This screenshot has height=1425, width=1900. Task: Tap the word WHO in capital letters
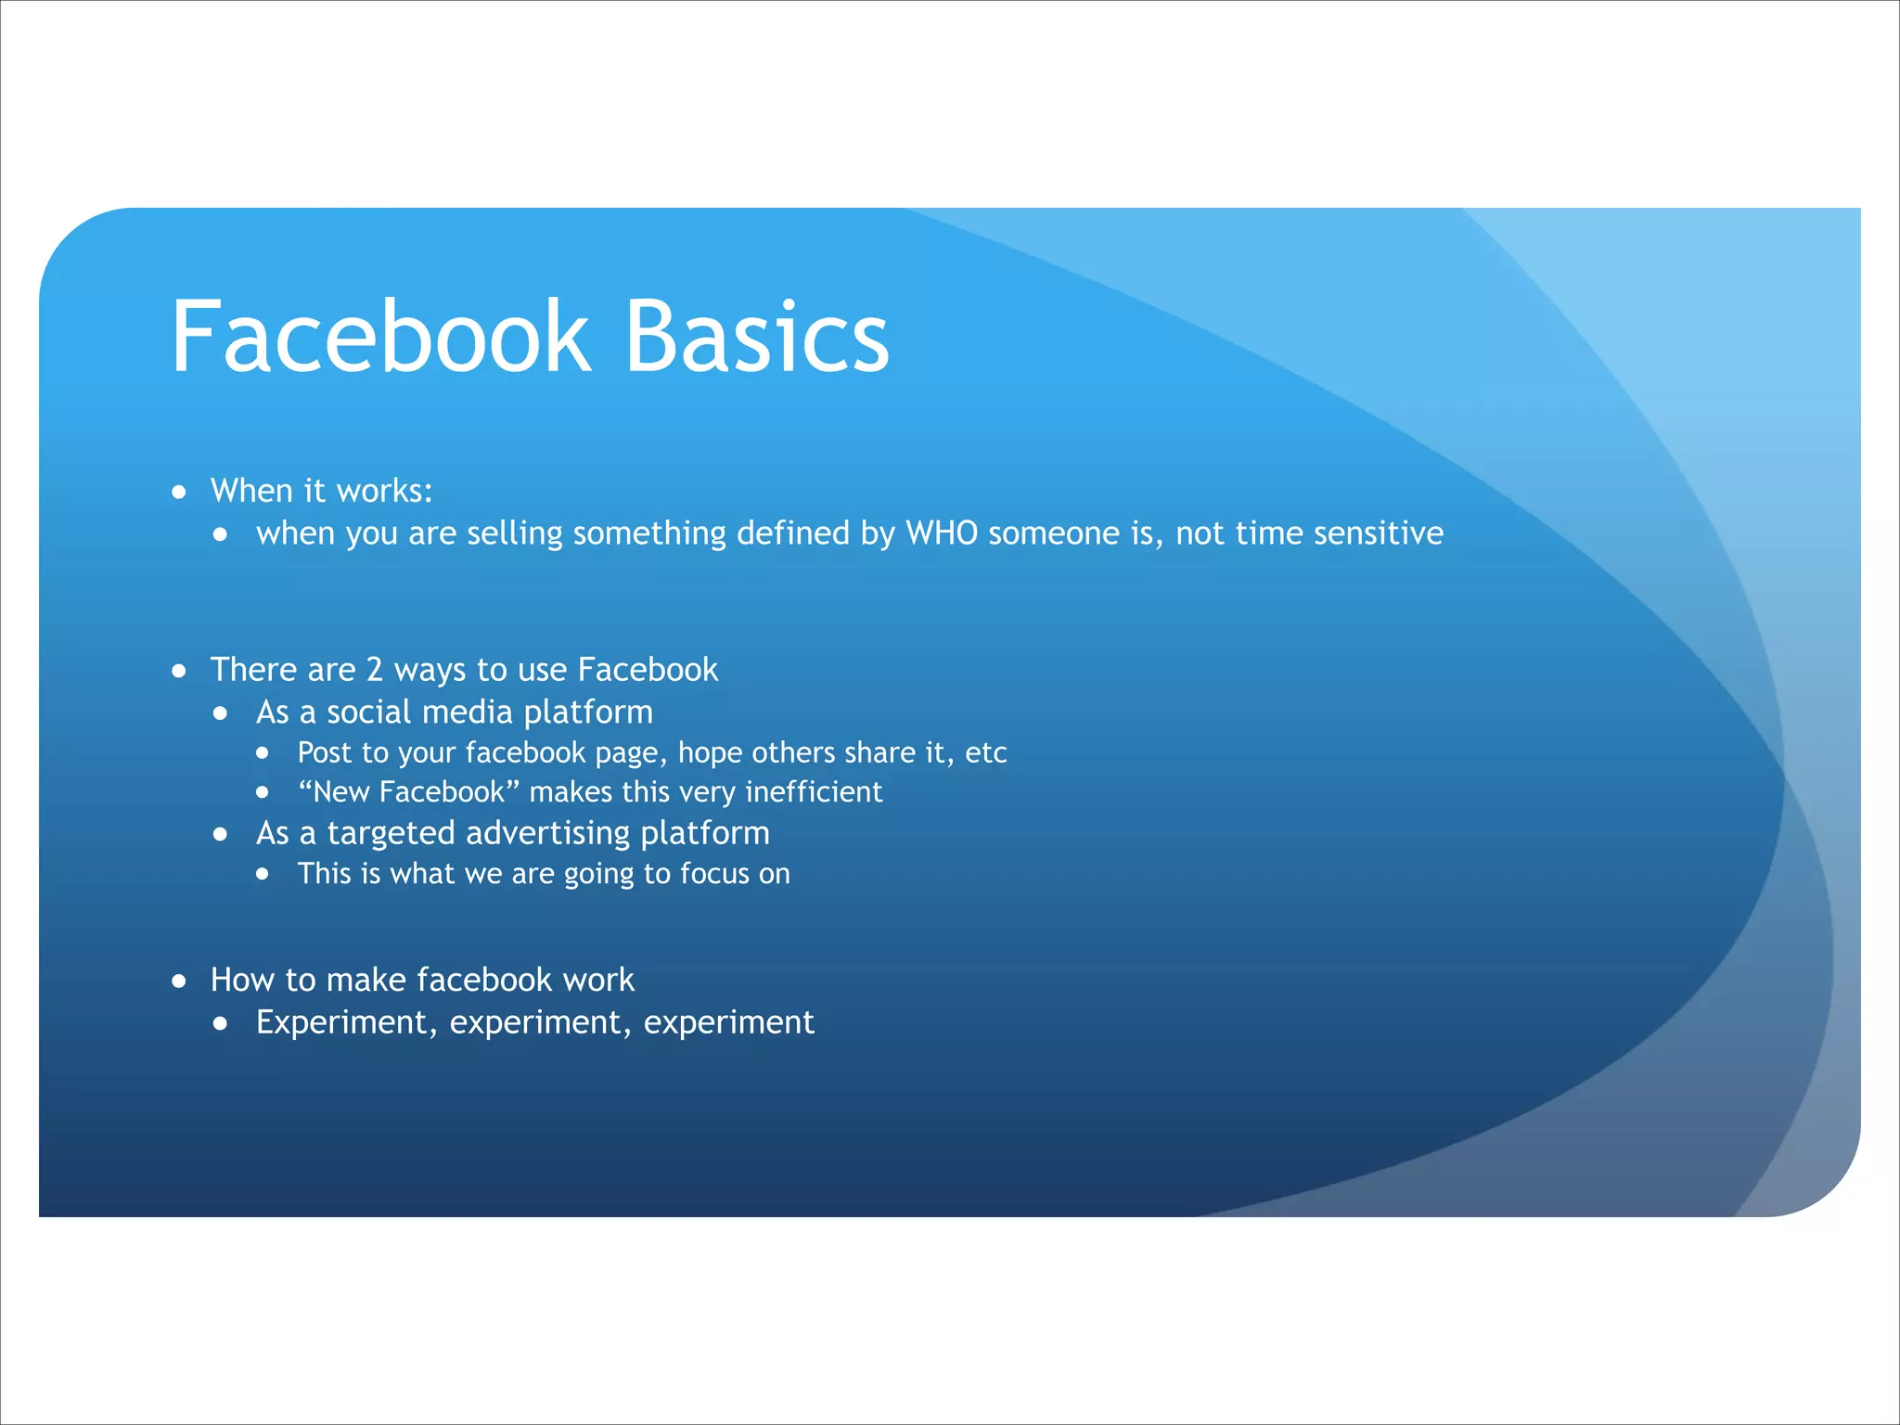click(x=942, y=533)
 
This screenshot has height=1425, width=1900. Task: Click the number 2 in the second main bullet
click(x=375, y=670)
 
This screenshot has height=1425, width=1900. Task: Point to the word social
click(x=368, y=712)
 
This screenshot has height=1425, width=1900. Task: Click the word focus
click(x=714, y=874)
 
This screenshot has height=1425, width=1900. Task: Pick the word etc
click(x=985, y=752)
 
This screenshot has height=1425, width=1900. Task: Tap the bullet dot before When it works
click(x=179, y=492)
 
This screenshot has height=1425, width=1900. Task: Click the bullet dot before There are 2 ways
click(x=179, y=671)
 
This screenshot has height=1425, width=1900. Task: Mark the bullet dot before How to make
click(x=179, y=981)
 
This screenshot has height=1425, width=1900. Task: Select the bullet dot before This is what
click(x=263, y=874)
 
